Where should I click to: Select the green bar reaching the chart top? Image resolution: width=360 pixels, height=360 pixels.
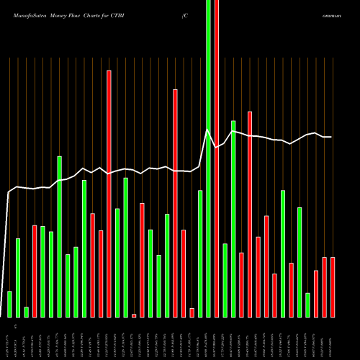coord(209,158)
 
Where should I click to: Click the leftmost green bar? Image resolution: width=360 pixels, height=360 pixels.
coord(9,304)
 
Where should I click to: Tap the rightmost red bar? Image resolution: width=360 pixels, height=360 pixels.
coord(333,287)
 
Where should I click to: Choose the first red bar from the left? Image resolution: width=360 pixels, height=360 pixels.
coord(35,271)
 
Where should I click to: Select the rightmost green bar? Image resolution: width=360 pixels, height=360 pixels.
coord(307,305)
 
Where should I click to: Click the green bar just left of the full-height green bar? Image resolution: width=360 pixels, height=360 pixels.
coord(200,253)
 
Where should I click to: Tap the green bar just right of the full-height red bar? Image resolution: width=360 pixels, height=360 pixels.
coord(225,280)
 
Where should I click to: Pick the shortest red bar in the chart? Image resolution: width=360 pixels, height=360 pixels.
coord(134,315)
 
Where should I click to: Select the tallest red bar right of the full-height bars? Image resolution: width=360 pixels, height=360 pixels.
coord(250,214)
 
